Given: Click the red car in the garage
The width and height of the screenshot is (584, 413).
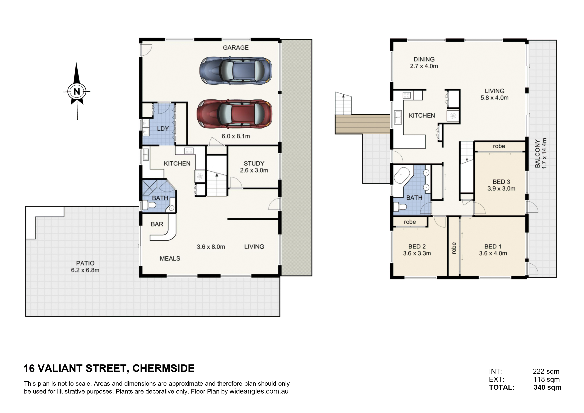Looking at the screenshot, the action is (x=234, y=114).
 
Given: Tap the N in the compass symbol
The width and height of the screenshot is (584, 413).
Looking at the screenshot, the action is (x=77, y=91).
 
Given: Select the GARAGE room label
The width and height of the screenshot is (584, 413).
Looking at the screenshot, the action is (x=236, y=48).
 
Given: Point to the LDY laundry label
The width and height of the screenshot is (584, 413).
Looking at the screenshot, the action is (x=163, y=129).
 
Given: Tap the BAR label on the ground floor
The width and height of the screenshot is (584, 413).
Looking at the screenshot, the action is (x=157, y=224).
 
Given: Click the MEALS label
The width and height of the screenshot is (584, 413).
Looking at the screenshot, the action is (x=170, y=259).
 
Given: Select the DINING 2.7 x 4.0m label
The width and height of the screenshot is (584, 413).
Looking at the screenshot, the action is (x=424, y=63).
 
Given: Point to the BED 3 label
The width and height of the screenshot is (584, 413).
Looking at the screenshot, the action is (x=501, y=182).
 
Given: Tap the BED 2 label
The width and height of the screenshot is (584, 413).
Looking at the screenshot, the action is (x=417, y=247).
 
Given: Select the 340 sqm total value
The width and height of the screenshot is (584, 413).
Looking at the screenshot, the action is (x=547, y=387).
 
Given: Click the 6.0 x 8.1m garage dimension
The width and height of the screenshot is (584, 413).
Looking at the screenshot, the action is (x=236, y=136).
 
